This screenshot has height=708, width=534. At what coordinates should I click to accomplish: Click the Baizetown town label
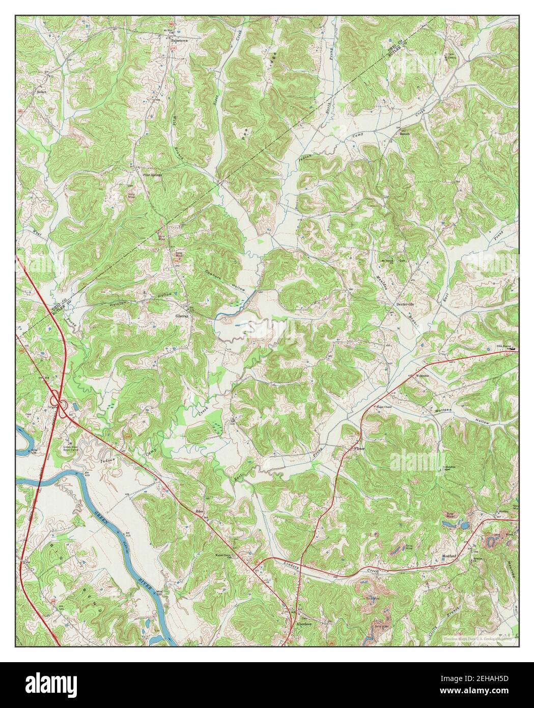click(x=180, y=39)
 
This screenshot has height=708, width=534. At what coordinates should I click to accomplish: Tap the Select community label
click(x=41, y=92)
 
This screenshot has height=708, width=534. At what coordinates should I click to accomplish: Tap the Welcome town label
click(x=423, y=376)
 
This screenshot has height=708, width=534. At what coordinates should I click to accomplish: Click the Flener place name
click(x=360, y=448)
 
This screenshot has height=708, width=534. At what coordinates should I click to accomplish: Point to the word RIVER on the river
click(x=147, y=582)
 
